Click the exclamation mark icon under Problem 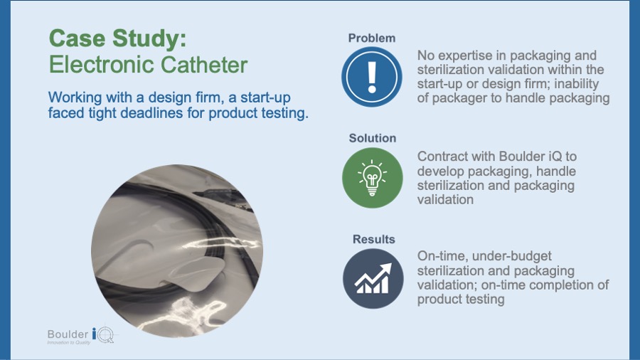(372, 77)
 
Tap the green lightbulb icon (372, 178)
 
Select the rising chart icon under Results (373, 279)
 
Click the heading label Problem (372, 38)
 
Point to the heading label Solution (372, 138)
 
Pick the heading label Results (374, 239)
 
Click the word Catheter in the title (203, 65)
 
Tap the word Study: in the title (149, 38)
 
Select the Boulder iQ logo (81, 336)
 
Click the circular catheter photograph (177, 251)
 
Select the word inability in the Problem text (577, 84)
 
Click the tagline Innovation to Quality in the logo (68, 342)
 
